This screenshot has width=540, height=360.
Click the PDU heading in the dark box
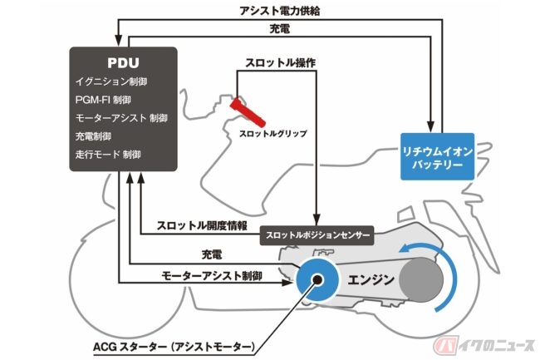coord(123,62)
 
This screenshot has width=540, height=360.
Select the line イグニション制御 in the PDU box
coord(111,81)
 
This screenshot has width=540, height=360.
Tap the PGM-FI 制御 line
coord(103,100)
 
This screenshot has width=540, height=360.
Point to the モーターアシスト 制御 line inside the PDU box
coord(121,118)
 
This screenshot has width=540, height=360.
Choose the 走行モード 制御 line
coord(108,155)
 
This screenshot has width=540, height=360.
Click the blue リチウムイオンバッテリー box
coord(437,157)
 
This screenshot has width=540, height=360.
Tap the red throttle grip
coord(248,112)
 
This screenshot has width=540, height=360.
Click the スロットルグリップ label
coord(272,134)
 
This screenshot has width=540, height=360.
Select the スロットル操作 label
coord(280,63)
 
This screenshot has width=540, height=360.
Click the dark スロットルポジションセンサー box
coord(317,235)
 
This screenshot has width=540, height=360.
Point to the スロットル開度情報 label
coord(202,225)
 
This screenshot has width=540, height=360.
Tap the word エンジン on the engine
coord(371,279)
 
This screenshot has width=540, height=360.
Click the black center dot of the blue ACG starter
coord(317,279)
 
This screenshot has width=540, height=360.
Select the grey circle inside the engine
coord(421,279)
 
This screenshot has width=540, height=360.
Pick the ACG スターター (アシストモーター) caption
coord(174,347)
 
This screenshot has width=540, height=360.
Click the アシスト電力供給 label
coord(280,11)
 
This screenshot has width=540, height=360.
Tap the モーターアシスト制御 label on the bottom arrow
coord(212,276)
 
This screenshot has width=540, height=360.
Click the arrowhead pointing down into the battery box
coord(430,126)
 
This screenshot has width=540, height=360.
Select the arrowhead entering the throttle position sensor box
coord(317,220)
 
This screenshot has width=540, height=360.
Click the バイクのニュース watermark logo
coord(484,344)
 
